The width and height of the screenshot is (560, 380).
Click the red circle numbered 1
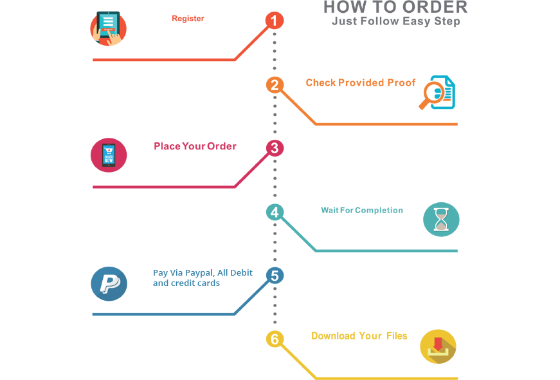[x=275, y=21]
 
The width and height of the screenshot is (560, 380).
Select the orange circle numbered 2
[x=275, y=85]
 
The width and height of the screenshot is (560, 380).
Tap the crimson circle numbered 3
[x=275, y=149]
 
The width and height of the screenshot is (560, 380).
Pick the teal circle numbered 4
[x=275, y=213]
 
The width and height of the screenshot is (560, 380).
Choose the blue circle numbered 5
[x=275, y=276]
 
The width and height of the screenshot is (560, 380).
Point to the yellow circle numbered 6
[x=275, y=339]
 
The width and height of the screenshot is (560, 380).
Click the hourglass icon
[x=442, y=219]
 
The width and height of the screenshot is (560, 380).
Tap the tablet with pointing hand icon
[x=107, y=28]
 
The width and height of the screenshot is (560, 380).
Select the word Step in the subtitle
[x=447, y=21]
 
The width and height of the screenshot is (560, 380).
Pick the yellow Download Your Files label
[x=357, y=336]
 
